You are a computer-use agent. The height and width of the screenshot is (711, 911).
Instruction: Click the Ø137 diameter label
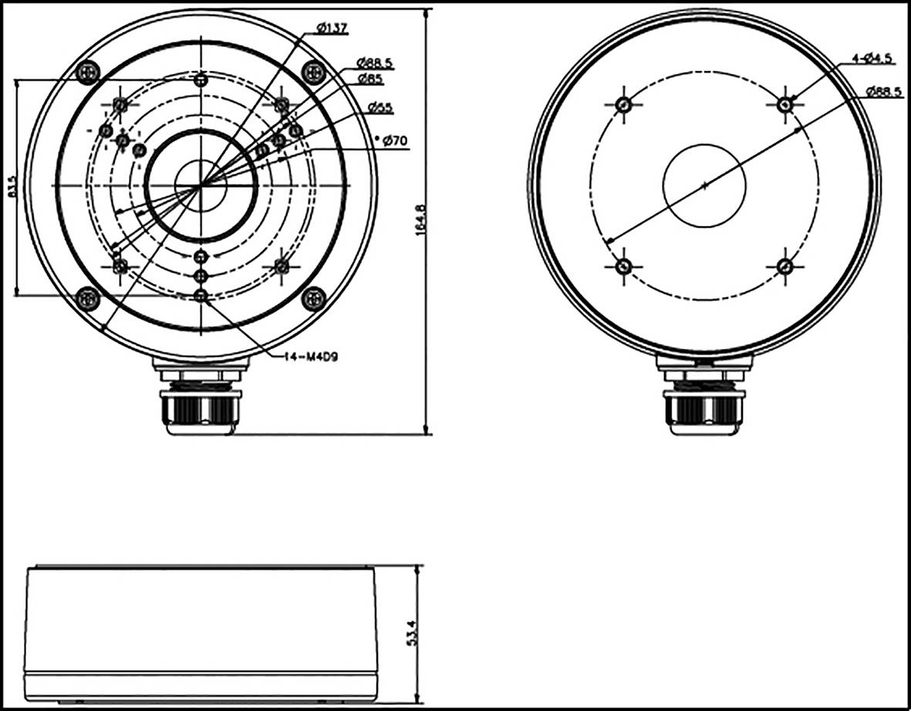(x=333, y=28)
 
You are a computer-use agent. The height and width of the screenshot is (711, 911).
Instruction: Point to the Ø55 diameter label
(x=380, y=107)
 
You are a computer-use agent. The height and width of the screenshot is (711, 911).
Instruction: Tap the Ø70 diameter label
(x=393, y=141)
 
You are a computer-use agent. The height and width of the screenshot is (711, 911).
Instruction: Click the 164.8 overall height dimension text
(x=420, y=222)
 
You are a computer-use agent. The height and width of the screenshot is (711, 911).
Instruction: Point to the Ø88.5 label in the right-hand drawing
(x=884, y=91)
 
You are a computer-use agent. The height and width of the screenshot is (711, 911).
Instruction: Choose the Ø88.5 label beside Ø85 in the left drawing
(x=375, y=63)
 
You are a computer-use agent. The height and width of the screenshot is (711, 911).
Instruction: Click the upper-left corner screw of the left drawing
(x=89, y=73)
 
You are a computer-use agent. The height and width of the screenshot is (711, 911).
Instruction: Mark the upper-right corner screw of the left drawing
(x=313, y=73)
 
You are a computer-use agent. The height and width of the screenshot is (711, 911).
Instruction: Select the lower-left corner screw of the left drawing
(x=89, y=298)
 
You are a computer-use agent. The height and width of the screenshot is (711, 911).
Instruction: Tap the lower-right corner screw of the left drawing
(x=313, y=298)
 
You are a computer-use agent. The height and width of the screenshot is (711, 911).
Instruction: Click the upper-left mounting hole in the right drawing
(x=624, y=104)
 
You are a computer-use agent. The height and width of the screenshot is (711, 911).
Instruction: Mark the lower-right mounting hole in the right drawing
(x=785, y=266)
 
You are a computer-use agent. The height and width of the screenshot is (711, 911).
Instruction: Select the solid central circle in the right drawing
(x=704, y=185)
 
